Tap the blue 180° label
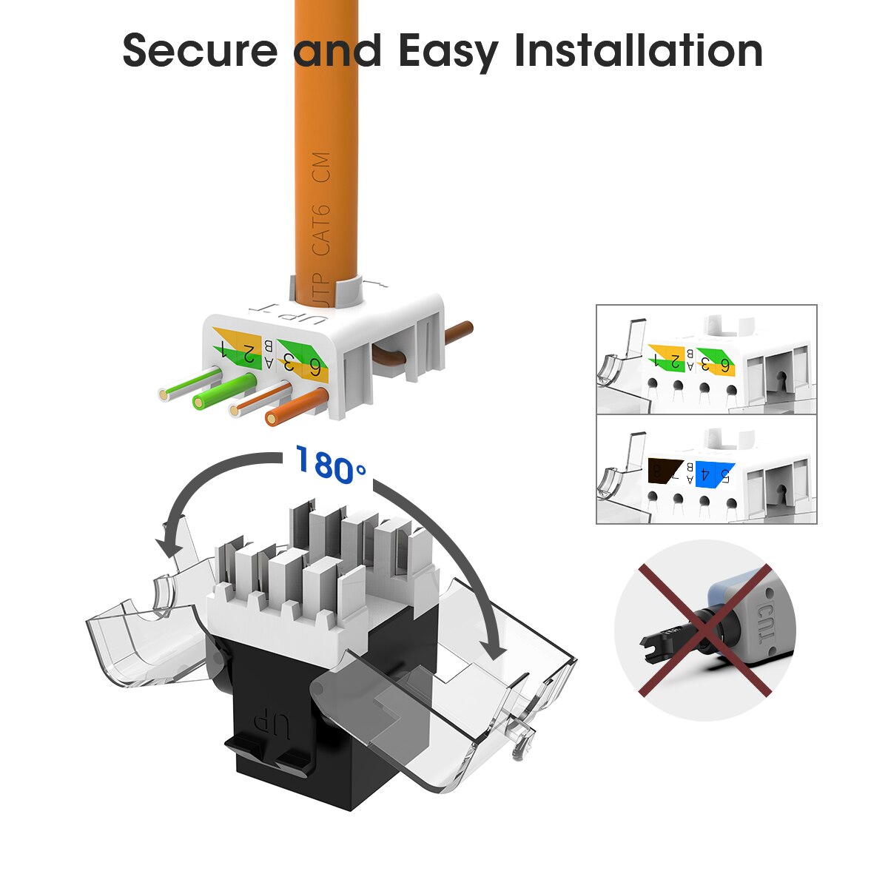click(330, 465)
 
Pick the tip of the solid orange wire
click(273, 420)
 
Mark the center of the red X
click(704, 630)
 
